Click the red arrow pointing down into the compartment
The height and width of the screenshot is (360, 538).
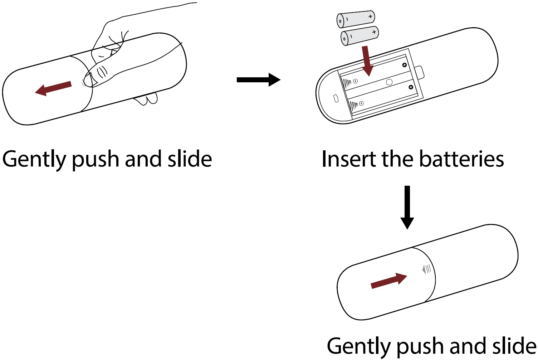click(x=367, y=61)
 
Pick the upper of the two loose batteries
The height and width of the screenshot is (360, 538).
click(x=356, y=19)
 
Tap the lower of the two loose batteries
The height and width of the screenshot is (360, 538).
click(x=360, y=35)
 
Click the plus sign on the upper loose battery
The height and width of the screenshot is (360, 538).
click(x=370, y=16)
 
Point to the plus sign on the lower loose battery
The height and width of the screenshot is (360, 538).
click(x=374, y=32)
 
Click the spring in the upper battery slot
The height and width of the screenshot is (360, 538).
click(x=347, y=84)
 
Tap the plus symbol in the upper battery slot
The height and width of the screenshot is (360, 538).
click(x=405, y=65)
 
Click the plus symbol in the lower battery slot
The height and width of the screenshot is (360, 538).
click(x=411, y=87)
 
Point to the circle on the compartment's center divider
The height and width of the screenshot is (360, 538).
click(x=389, y=82)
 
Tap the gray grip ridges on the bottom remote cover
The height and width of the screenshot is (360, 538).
click(x=427, y=269)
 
